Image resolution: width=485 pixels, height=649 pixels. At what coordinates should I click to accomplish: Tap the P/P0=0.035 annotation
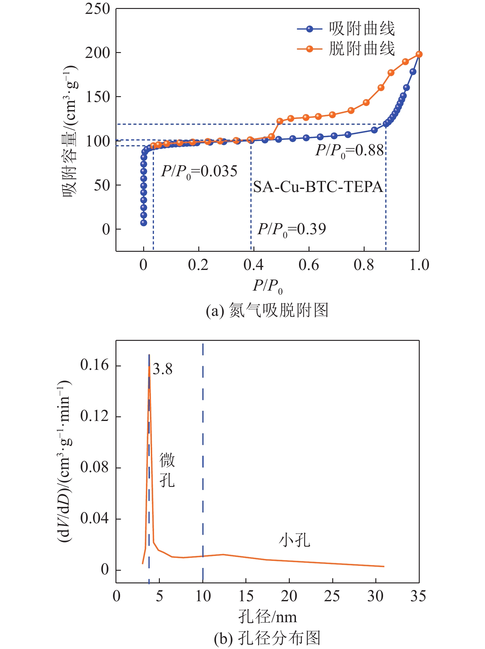pos(199,171)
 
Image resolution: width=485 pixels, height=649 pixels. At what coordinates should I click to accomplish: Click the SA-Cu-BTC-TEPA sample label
pos(318,187)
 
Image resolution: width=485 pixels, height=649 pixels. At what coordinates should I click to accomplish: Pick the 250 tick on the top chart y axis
pos(98,9)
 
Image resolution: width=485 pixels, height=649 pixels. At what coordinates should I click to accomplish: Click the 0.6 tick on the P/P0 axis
pos(309,265)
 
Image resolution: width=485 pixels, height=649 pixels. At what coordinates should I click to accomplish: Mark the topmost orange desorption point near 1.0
pos(419,55)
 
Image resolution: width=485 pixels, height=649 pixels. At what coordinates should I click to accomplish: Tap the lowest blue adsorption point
pos(143,223)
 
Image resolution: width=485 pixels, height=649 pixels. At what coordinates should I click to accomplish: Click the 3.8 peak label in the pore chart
pos(163,369)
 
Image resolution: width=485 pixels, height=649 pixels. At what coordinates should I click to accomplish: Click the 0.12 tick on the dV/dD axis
pos(94,416)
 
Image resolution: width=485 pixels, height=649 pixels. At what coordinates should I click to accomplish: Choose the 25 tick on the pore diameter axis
pos(332,596)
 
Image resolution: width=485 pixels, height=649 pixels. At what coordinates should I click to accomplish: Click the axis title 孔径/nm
pos(267,617)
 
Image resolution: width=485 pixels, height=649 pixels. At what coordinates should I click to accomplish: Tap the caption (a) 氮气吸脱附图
pos(267,310)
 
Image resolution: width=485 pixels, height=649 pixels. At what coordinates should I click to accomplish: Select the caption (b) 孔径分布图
pos(267,638)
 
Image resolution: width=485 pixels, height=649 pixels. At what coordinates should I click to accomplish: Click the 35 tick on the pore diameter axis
pos(418,596)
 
